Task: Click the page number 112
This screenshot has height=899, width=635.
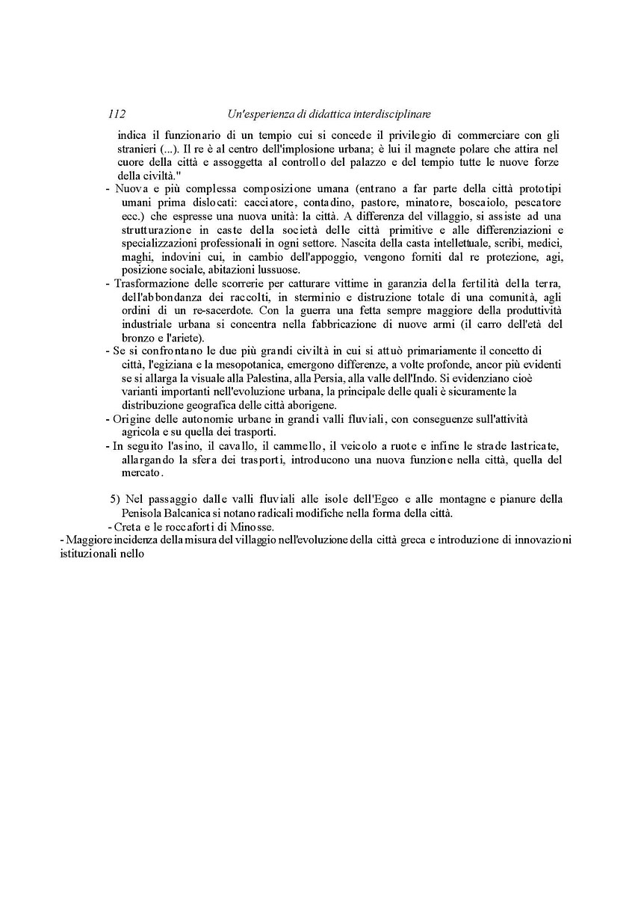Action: (x=116, y=114)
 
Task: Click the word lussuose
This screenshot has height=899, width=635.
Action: (x=277, y=270)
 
